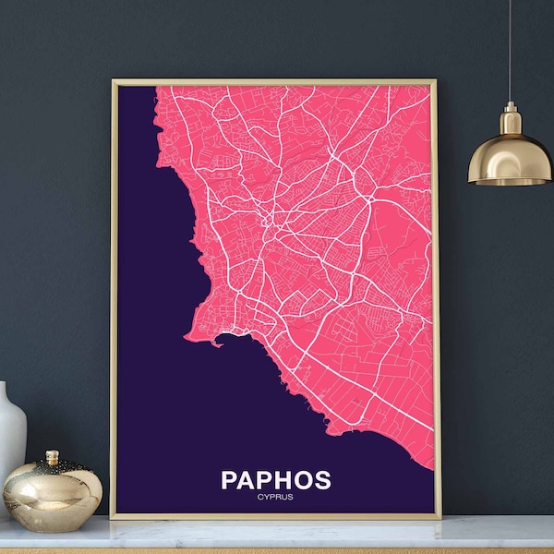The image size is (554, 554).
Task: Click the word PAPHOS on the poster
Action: (x=275, y=480)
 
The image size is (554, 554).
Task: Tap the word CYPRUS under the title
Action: (x=275, y=499)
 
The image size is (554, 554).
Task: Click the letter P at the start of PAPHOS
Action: (x=230, y=480)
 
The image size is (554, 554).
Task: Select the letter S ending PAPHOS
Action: (x=321, y=480)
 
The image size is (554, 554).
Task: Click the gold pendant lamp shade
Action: (x=509, y=157)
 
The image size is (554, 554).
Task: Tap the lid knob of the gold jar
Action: (x=54, y=457)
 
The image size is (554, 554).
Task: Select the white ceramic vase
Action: (x=11, y=434)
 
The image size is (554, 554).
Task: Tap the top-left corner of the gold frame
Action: (x=113, y=81)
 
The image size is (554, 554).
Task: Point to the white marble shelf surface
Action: (x=277, y=536)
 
